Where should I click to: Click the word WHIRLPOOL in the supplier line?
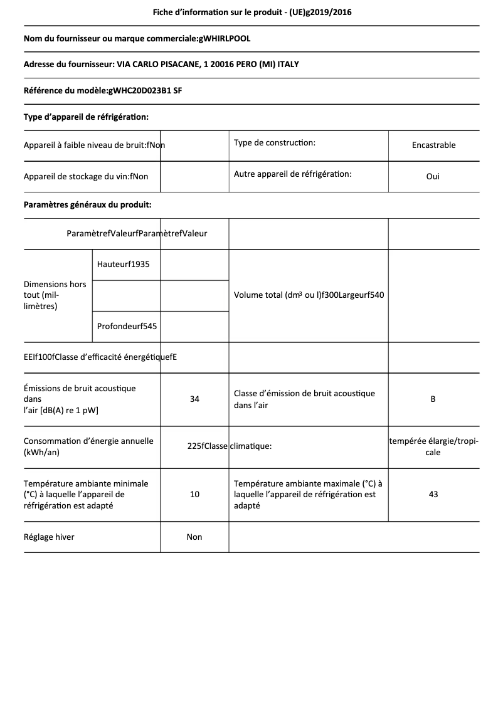pyautogui.click(x=225, y=38)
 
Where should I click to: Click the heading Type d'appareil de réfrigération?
pyautogui.click(x=86, y=117)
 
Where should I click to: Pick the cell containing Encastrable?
pyautogui.click(x=433, y=145)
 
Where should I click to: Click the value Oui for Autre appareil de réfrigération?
pyautogui.click(x=433, y=176)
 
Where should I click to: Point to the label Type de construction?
pyautogui.click(x=274, y=143)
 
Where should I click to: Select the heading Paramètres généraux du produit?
pyautogui.click(x=87, y=204)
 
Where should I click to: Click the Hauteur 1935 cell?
pyautogui.click(x=124, y=264)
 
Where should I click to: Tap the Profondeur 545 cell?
pyautogui.click(x=127, y=326)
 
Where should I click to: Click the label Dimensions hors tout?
pyautogui.click(x=55, y=295)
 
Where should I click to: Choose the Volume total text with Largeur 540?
pyautogui.click(x=309, y=295)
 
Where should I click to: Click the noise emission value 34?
pyautogui.click(x=194, y=399)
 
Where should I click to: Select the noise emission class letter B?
pyautogui.click(x=433, y=399)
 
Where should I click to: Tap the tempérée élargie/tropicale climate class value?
pyautogui.click(x=433, y=446)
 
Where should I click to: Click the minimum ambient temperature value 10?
pyautogui.click(x=194, y=494)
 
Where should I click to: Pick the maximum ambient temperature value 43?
pyautogui.click(x=433, y=494)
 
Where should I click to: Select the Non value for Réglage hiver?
pyautogui.click(x=194, y=537)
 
